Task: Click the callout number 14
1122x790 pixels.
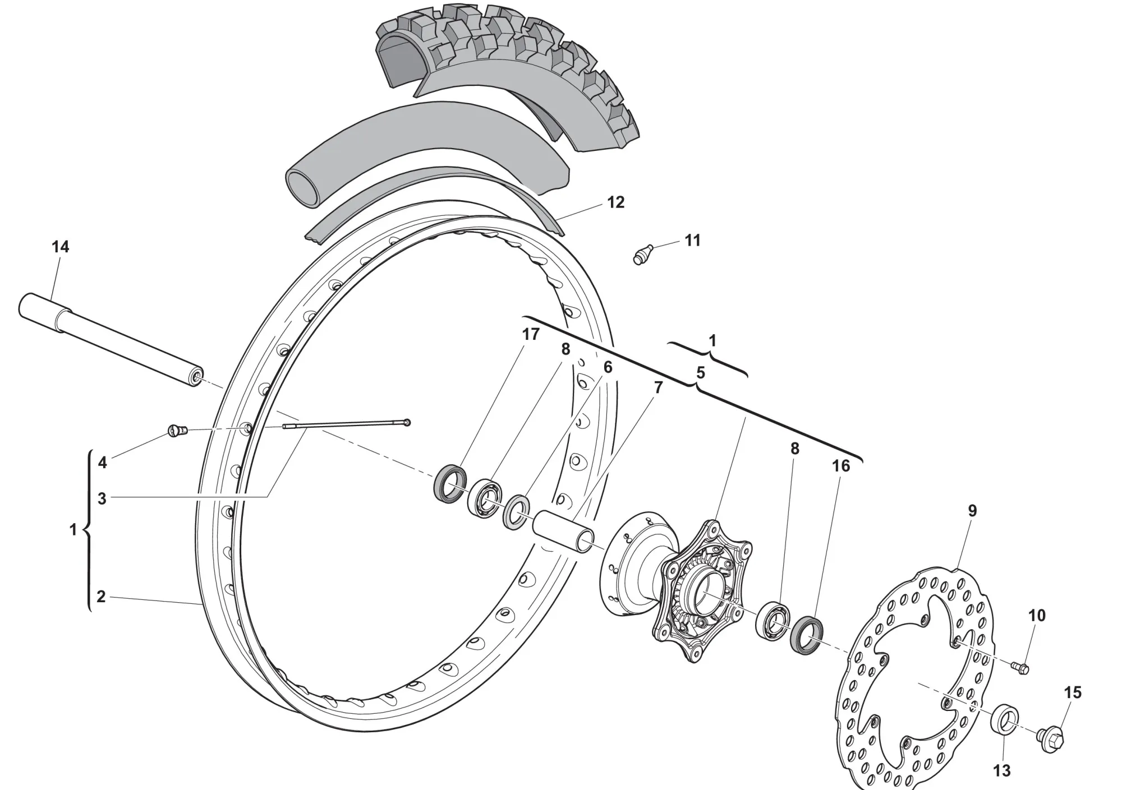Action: coord(61,247)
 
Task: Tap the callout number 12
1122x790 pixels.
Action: coord(616,202)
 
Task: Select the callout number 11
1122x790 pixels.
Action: coord(693,241)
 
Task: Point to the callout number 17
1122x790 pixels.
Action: coord(530,334)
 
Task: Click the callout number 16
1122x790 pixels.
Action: coord(840,466)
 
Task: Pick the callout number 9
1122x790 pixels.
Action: coord(972,511)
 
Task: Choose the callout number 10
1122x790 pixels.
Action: coord(1037,616)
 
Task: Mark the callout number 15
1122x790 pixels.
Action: coord(1073,692)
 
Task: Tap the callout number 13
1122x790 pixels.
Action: coord(1002,771)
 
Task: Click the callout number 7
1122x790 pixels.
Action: coord(658,387)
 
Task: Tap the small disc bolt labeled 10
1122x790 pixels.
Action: coord(1020,667)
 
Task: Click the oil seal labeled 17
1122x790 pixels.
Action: coord(450,483)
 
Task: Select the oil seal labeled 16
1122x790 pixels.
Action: coord(807,635)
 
